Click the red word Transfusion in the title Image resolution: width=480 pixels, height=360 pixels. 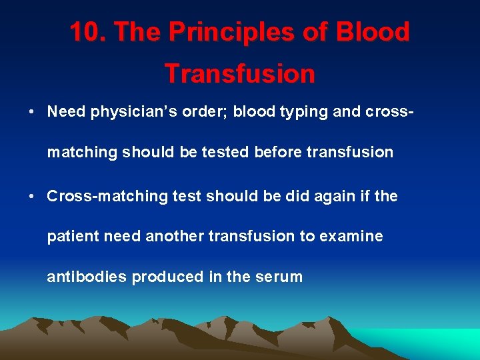pos(240,73)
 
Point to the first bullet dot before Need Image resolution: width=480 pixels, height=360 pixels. pos(32,111)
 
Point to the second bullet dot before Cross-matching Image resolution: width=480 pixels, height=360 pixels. pos(32,197)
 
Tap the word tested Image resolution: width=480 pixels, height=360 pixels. pos(228,152)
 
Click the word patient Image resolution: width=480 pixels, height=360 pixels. pos(71,236)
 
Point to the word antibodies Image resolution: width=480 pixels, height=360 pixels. pos(87,277)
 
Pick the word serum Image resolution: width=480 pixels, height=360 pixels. pos(278,277)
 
